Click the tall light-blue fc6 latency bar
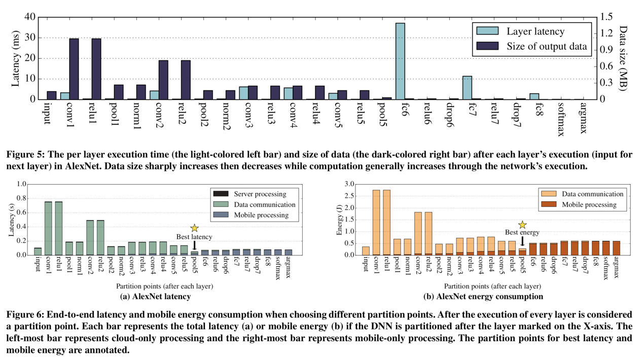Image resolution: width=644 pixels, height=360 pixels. (x=401, y=61)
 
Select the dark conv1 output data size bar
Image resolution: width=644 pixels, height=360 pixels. (x=74, y=68)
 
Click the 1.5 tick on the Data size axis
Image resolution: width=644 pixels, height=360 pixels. (x=607, y=17)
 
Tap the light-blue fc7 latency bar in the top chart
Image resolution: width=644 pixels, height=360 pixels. (x=467, y=88)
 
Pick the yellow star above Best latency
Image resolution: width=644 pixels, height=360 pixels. (x=194, y=228)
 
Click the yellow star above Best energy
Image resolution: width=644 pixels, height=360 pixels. (x=522, y=225)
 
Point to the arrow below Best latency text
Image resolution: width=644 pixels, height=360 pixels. (x=194, y=245)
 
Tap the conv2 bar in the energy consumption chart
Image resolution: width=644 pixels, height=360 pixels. (x=418, y=233)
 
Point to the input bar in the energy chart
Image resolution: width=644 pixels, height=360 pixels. (x=366, y=250)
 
